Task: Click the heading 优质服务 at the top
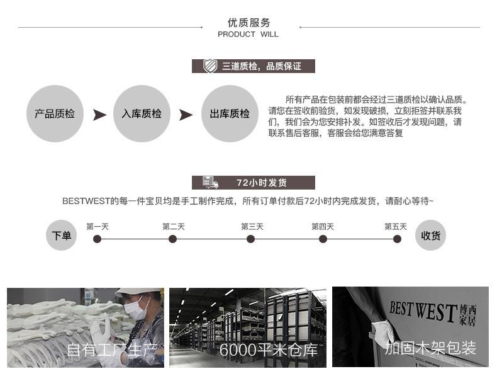248,23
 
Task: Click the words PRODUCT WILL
248,34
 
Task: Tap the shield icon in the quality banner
210,66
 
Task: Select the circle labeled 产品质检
55,113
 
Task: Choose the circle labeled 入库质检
142,113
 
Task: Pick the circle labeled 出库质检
230,113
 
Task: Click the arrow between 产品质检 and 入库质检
99,115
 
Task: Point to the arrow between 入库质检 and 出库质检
186,115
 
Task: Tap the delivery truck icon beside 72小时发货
211,183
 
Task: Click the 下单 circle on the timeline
61,235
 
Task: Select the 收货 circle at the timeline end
430,235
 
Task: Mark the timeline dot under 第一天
98,239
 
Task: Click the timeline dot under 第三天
251,239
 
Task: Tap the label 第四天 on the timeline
323,227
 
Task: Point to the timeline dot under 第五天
397,239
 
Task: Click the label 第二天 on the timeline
174,227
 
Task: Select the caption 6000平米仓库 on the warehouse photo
269,350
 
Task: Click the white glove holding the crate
383,334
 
